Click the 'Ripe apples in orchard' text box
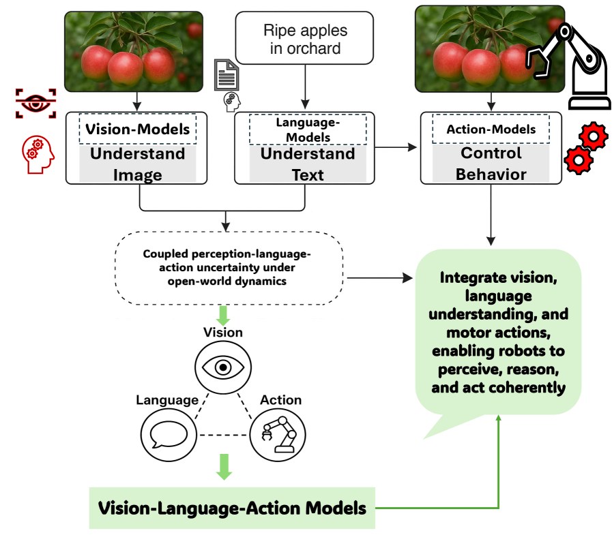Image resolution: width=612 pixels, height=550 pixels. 304,37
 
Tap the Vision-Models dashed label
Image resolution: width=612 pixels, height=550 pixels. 137,129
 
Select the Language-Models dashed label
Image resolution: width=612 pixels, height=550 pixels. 308,129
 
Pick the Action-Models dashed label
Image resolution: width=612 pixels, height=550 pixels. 491,129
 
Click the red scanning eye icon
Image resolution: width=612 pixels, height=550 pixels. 35,103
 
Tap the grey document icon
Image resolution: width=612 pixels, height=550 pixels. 227,75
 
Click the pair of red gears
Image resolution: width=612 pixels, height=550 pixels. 586,148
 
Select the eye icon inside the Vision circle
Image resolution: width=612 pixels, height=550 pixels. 223,367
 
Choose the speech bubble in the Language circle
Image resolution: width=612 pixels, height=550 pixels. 169,435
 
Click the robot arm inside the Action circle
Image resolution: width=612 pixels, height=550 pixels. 278,434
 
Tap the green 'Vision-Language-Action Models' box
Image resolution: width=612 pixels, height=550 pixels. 232,508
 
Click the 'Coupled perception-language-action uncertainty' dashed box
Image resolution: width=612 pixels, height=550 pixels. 229,268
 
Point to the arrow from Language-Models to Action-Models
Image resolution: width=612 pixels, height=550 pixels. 396,147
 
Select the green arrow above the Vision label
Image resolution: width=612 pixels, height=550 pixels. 223,316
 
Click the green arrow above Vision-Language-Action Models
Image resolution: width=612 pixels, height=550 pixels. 224,467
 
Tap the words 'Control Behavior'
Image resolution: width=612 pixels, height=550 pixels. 491,164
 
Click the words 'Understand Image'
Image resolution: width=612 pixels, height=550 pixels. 137,164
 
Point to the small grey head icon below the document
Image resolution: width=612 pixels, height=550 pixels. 232,102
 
